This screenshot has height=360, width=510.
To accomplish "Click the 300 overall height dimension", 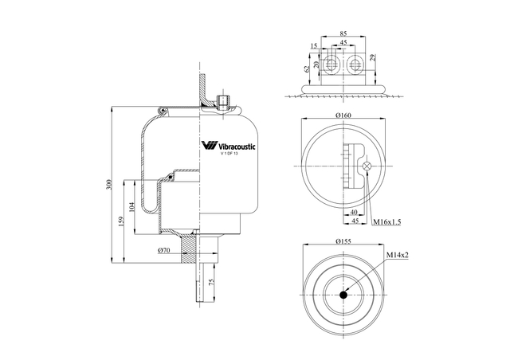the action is pos(109,185).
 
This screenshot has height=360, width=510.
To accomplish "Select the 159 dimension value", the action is pos(121,221).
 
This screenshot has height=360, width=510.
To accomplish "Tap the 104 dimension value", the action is pos(131,207).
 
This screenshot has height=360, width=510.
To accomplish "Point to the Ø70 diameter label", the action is pos(164,250).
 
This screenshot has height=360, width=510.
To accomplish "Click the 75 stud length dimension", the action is pos(210,282).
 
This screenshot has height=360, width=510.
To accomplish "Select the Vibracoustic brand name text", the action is pos(236,147).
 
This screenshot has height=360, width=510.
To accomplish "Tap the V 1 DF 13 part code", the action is pos(229,154).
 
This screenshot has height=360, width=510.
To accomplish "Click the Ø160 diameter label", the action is pos(343,115).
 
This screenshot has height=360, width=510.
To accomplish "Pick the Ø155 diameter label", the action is pos(343,241).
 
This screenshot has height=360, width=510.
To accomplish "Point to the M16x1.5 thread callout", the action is pos(386,221).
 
